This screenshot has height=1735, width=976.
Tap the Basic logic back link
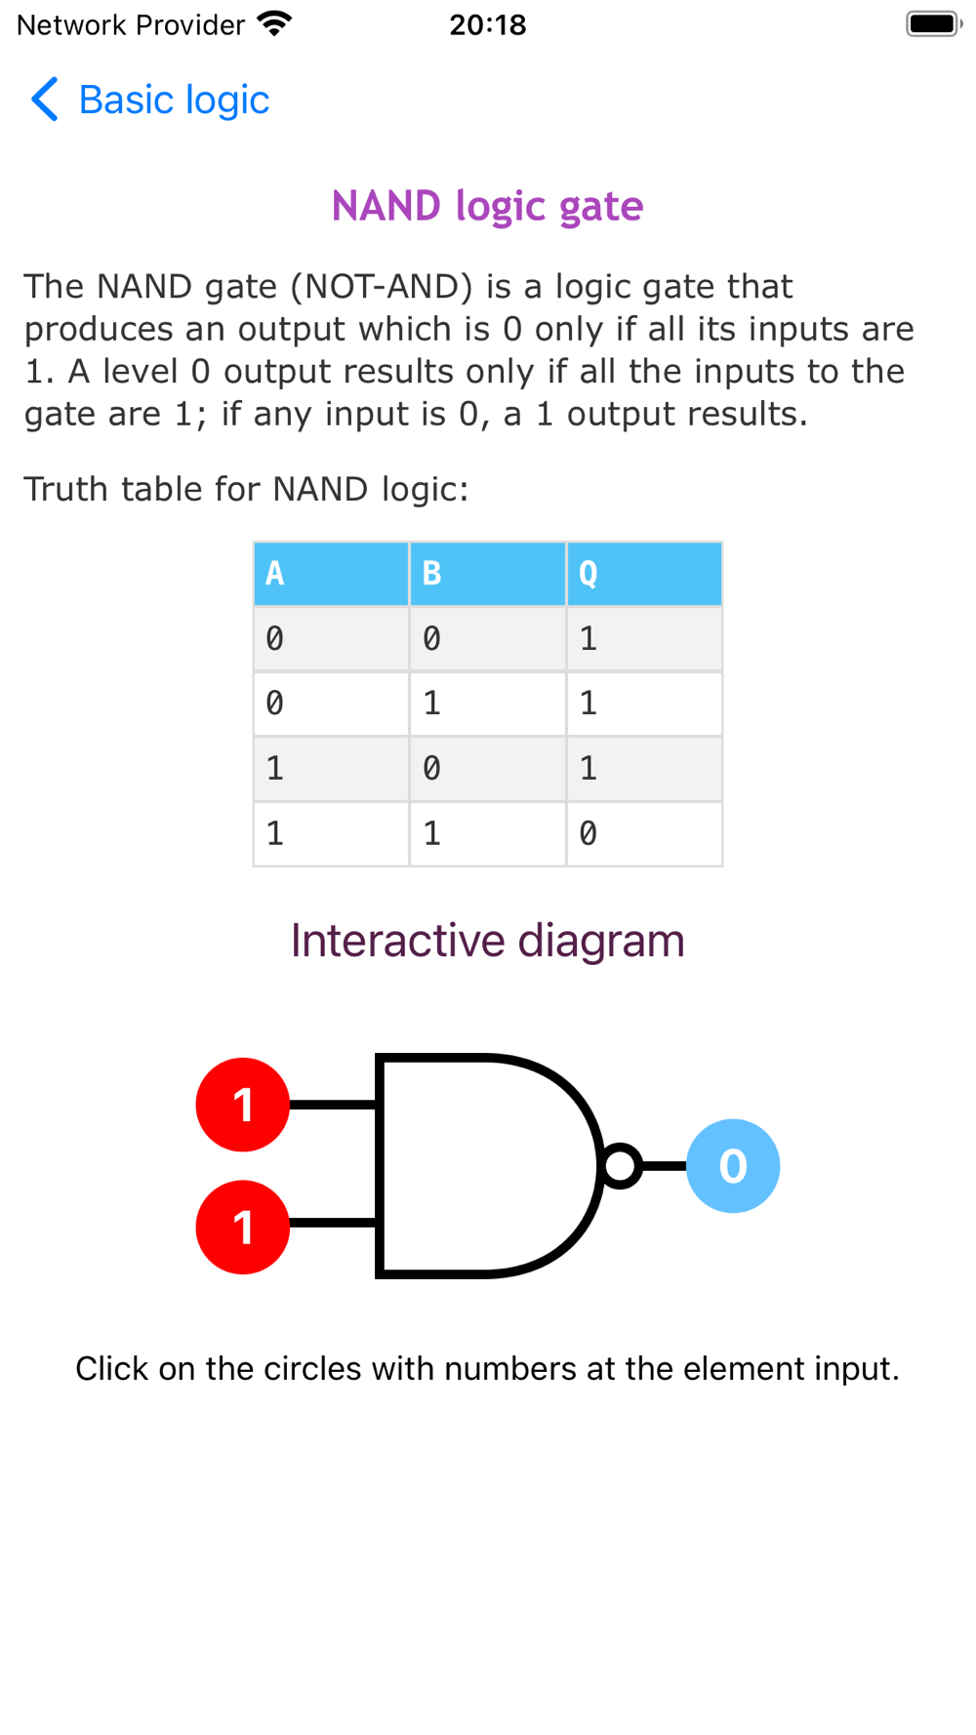(x=173, y=100)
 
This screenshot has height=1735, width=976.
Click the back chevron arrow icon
(x=45, y=100)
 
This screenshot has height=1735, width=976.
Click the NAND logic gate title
(x=487, y=206)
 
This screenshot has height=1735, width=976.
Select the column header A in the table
(x=331, y=574)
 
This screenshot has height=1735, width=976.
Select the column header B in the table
(x=487, y=574)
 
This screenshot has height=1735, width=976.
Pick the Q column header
(x=643, y=574)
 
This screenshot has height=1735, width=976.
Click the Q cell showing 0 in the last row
(x=643, y=833)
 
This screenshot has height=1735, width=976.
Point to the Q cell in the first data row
(x=643, y=639)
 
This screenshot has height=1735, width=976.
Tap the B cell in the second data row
(x=487, y=704)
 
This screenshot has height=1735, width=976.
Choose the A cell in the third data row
(x=331, y=769)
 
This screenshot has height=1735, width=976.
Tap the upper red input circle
(x=243, y=1105)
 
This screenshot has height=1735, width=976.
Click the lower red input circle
(x=243, y=1227)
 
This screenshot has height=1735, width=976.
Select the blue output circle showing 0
(x=733, y=1165)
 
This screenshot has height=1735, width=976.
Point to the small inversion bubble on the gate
(x=621, y=1165)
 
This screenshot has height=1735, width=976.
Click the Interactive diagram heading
(x=487, y=941)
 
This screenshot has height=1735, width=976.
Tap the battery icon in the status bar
(x=932, y=23)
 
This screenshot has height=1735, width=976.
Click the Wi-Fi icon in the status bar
(x=275, y=23)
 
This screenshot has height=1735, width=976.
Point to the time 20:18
(x=487, y=24)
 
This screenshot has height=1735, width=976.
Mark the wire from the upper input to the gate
(x=333, y=1105)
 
